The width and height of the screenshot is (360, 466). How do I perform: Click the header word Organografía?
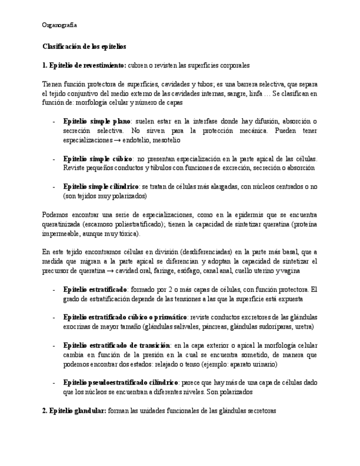(59, 25)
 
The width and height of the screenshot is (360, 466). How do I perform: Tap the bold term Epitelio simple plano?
(97, 121)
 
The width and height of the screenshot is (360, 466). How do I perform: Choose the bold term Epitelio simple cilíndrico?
(101, 187)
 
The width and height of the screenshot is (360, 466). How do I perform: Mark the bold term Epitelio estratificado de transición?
(117, 345)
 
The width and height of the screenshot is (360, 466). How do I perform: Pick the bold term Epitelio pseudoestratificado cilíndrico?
(120, 382)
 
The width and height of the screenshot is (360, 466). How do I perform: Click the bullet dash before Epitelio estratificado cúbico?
(53, 318)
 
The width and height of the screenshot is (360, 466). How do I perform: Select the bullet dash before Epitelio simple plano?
(53, 121)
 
